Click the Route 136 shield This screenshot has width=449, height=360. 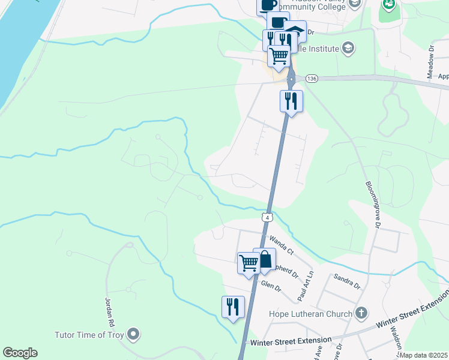pyautogui.click(x=311, y=79)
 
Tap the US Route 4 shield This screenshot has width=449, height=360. pyautogui.click(x=268, y=216)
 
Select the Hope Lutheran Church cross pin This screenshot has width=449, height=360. pyautogui.click(x=361, y=313)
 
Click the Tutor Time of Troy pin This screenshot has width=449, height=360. pyautogui.click(x=133, y=334)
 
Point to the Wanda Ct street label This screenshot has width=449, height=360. pyautogui.click(x=281, y=244)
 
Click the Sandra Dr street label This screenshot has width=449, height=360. pyautogui.click(x=347, y=281)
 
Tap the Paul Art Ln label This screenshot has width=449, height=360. pyautogui.click(x=306, y=286)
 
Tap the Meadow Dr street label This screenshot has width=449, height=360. pyautogui.click(x=430, y=61)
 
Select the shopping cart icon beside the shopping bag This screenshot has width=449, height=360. pyautogui.click(x=249, y=263)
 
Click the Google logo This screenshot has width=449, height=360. pyautogui.click(x=20, y=353)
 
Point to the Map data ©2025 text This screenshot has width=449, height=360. pyautogui.click(x=424, y=355)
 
